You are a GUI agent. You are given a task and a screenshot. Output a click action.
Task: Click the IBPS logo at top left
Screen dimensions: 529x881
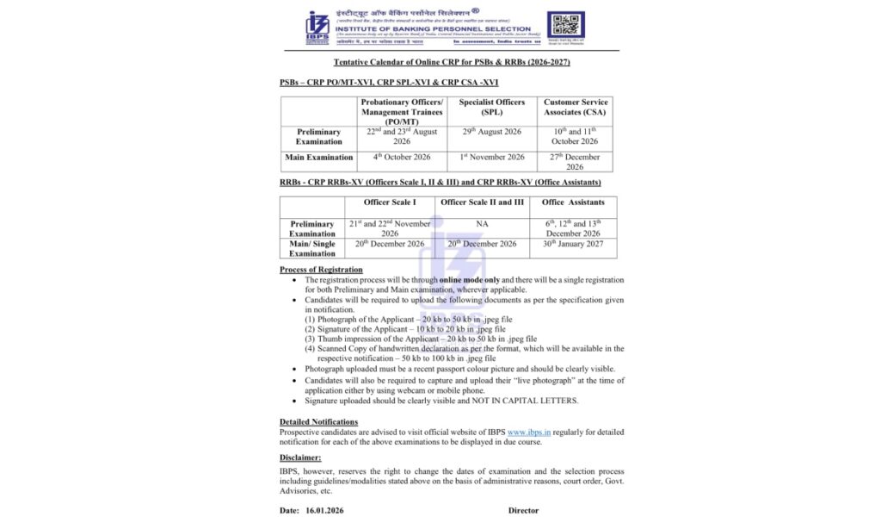317,27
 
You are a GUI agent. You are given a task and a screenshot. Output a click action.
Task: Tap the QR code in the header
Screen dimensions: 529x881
565,25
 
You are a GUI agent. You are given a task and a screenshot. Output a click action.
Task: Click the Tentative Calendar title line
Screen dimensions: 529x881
452,63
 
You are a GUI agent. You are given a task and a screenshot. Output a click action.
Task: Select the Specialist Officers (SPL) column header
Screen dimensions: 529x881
491,107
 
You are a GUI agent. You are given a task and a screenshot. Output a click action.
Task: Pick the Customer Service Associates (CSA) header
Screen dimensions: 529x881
575,107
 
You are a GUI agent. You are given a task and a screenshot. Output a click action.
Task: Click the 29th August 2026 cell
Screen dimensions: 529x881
491,132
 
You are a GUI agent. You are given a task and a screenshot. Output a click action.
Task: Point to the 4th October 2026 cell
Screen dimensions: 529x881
402,157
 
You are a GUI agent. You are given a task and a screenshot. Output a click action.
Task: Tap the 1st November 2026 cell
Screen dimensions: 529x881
491,157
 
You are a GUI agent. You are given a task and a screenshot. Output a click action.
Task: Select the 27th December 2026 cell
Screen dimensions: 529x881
575,161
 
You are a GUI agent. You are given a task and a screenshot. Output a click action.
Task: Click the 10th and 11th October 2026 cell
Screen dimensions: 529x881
575,136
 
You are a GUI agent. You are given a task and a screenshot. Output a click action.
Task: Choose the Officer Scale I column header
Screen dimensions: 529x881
389,202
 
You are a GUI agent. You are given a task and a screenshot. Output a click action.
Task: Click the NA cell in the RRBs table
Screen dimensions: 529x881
482,223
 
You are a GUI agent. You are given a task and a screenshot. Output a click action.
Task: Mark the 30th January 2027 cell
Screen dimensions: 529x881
573,244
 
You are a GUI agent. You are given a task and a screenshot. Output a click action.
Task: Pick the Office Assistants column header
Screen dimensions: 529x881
573,202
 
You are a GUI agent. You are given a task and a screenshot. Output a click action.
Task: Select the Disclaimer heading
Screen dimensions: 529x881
300,457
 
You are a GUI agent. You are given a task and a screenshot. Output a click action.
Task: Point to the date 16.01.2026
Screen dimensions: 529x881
324,511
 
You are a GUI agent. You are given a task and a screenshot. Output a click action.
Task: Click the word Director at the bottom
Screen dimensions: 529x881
523,511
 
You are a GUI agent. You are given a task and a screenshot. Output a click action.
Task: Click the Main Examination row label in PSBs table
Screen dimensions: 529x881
319,158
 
